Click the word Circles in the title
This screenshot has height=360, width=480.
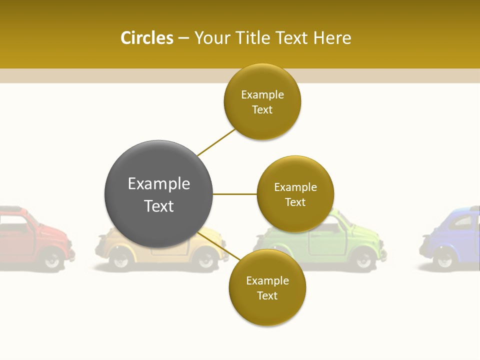click(146, 38)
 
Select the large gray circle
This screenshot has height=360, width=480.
click(158, 194)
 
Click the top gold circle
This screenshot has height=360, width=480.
click(262, 101)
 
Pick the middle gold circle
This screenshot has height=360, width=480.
click(295, 194)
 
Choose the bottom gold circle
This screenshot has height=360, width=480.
click(267, 287)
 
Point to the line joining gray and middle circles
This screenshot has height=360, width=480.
click(235, 194)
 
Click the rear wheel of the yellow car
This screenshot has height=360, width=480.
click(205, 258)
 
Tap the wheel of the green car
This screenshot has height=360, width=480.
click(363, 258)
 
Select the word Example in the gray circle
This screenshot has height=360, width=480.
click(158, 183)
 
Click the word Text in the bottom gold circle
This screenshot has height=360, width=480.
click(267, 295)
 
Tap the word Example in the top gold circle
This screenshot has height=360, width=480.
click(262, 94)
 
